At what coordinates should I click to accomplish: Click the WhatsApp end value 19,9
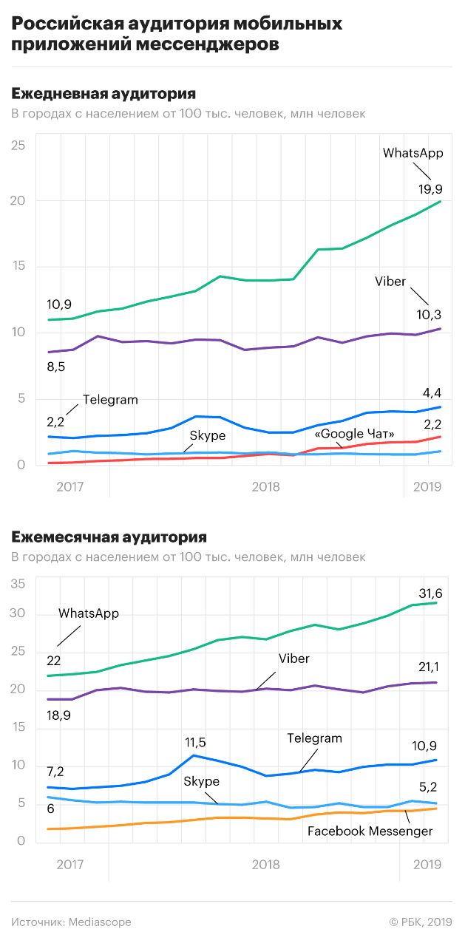(430, 189)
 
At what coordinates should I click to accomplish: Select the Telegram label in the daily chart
(110, 400)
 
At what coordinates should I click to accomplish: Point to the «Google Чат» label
(355, 434)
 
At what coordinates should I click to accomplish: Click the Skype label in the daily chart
(207, 436)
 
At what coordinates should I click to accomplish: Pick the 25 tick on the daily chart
(18, 146)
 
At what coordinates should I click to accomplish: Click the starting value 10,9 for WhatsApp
(59, 304)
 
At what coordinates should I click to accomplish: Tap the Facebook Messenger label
(370, 831)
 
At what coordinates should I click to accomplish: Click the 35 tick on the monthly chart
(18, 584)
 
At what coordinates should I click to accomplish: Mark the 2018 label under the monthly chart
(265, 864)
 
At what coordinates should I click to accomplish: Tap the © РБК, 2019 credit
(420, 922)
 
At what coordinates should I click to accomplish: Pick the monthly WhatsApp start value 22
(54, 660)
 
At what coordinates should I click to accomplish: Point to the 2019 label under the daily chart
(427, 486)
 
